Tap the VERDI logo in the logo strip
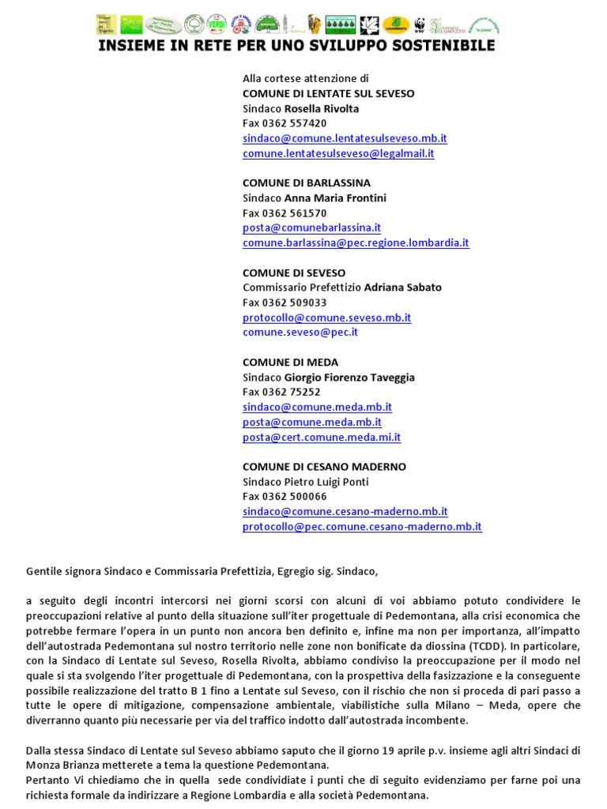point(216,24)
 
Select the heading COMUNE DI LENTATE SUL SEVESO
point(328,93)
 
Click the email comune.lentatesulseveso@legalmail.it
point(338,153)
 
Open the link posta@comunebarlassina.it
point(311,228)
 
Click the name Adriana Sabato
point(402,288)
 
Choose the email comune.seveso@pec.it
point(300,332)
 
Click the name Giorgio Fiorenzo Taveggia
point(349,378)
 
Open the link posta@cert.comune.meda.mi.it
point(322,437)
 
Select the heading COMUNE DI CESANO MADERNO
point(324,467)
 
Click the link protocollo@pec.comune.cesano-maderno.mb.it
point(362,526)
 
